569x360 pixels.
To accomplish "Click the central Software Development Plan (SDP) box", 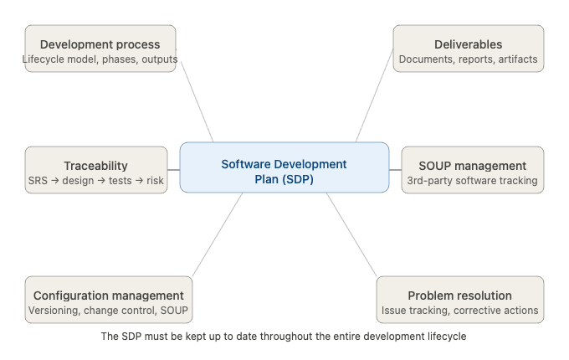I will (x=284, y=167).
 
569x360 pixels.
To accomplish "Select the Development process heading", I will (x=100, y=44).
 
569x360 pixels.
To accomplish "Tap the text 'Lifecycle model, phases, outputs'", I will (x=100, y=59).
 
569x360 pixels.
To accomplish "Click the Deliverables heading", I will (x=468, y=44).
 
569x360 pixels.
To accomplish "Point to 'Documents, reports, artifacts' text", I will (x=468, y=59).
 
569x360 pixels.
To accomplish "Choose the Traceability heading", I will (x=95, y=166).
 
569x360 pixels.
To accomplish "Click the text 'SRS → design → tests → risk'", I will (x=95, y=181).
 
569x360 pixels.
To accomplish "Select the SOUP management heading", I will (x=472, y=166).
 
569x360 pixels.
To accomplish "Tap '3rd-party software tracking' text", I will (x=472, y=181).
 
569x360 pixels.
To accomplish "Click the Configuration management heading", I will (x=108, y=296).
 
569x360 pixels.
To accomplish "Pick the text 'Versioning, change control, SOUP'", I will (x=108, y=311).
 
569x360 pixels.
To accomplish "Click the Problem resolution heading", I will (x=459, y=296).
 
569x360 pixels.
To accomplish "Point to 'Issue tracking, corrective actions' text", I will (x=459, y=311).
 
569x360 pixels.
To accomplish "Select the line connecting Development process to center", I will (x=196, y=95).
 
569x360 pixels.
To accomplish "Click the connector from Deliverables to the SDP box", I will (x=374, y=95).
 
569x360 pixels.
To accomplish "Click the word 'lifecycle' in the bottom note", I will (x=444, y=336).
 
